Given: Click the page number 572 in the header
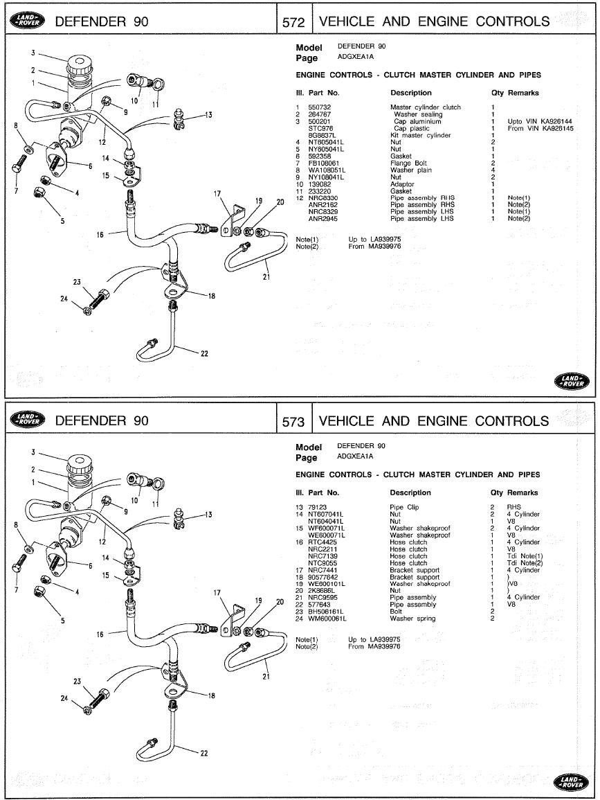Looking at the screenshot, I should tap(294, 21).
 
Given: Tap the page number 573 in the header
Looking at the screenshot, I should tap(294, 421).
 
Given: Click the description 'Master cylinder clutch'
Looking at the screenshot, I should tap(425, 107).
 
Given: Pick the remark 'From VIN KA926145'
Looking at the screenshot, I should tap(540, 128).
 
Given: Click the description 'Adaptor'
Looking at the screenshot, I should tap(402, 184).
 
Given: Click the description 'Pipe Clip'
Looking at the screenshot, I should tap(404, 508).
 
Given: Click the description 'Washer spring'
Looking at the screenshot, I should tap(412, 619).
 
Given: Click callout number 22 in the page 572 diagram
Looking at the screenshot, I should tap(204, 354).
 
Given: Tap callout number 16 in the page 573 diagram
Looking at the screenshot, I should tap(100, 634).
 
